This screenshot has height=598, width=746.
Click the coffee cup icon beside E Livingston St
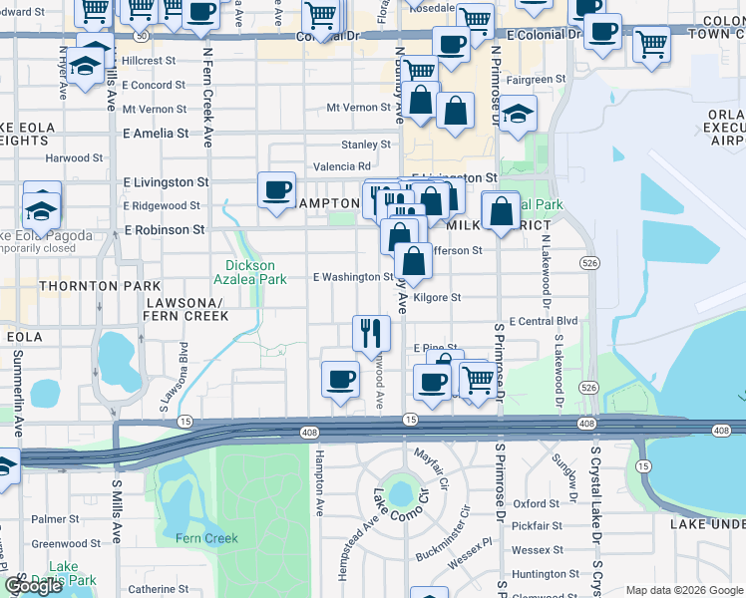click(x=276, y=189)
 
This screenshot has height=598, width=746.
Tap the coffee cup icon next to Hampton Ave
click(x=341, y=379)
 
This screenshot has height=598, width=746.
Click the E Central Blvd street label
click(x=543, y=321)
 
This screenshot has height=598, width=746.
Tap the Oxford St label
click(x=537, y=504)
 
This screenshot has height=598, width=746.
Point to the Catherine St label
click(x=152, y=589)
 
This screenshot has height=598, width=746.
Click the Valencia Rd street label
click(x=342, y=166)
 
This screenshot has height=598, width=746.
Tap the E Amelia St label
click(x=155, y=133)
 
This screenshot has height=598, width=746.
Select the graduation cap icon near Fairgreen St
click(x=518, y=115)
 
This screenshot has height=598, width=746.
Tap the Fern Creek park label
click(x=206, y=538)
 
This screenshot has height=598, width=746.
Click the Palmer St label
click(x=54, y=519)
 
